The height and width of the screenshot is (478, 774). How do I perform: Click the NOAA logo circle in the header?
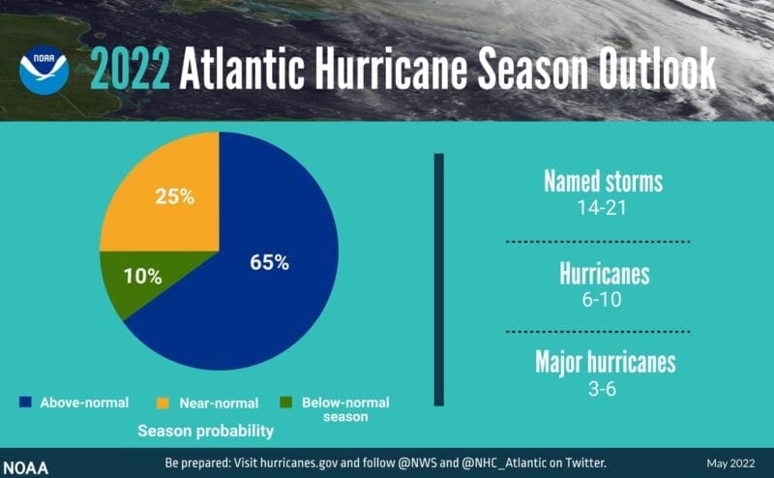tap(44, 70)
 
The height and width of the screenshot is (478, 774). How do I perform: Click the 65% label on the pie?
tap(269, 262)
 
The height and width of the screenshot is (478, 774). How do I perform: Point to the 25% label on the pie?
tap(175, 196)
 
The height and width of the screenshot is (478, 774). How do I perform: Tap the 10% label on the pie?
tap(142, 276)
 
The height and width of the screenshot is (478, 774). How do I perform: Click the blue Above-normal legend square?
tap(25, 402)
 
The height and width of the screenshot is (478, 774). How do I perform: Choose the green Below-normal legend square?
tap(285, 402)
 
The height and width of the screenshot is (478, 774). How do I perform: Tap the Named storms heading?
tap(604, 181)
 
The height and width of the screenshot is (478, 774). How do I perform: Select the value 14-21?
tap(604, 206)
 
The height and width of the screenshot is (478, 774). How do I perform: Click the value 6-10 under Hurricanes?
tap(604, 299)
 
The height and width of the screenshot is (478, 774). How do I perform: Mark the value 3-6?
tap(604, 389)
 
